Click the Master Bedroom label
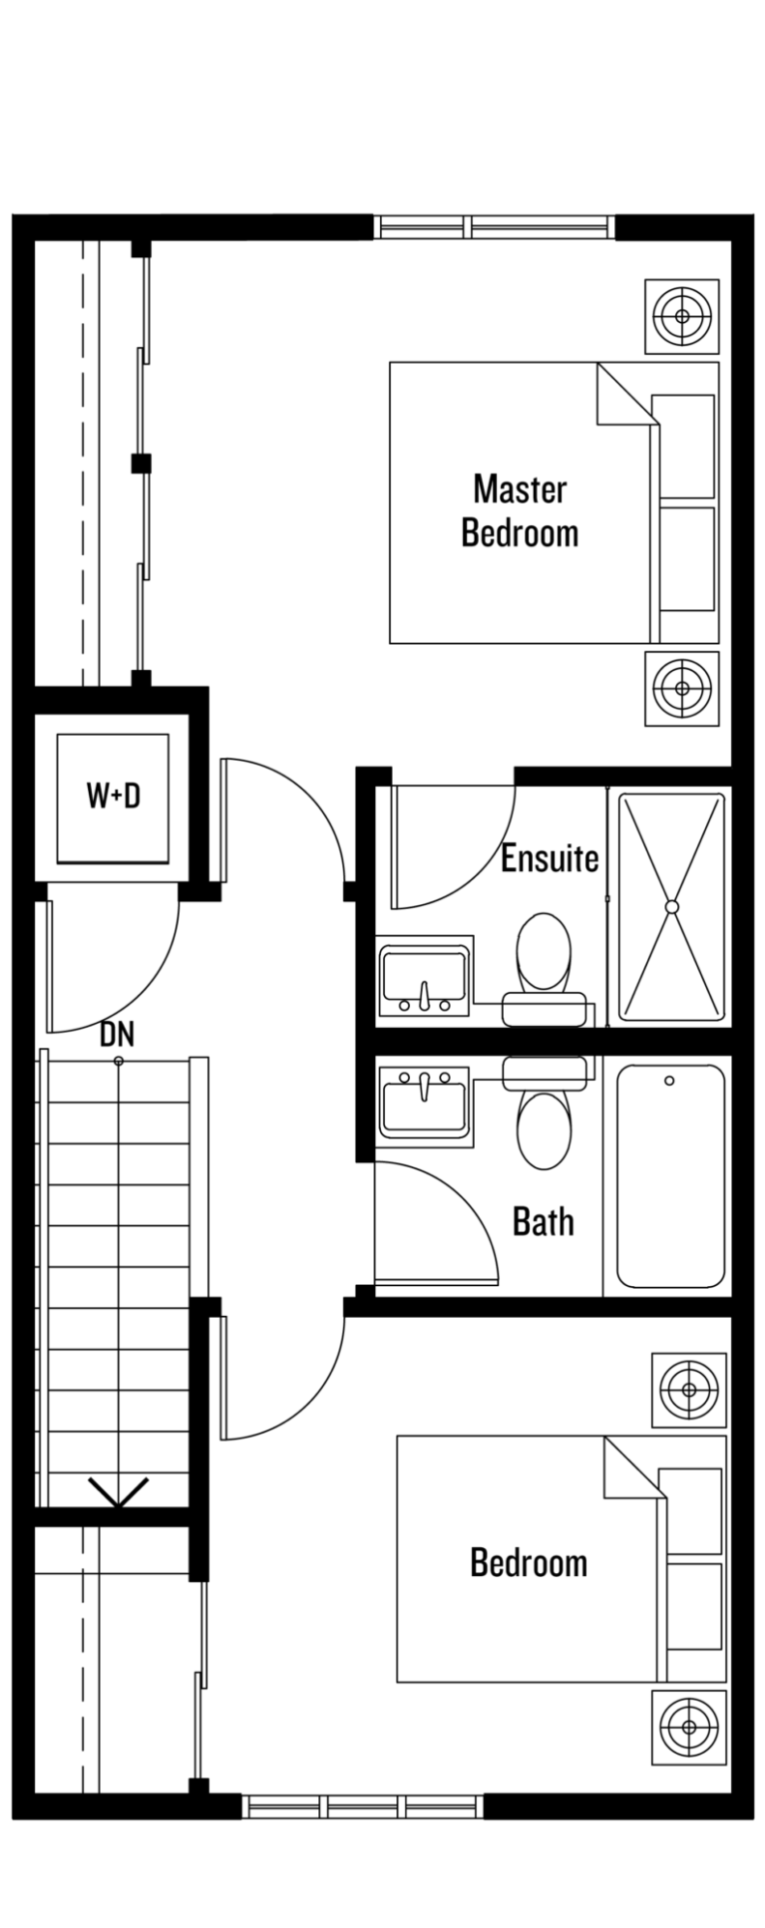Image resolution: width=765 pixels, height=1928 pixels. [x=520, y=510]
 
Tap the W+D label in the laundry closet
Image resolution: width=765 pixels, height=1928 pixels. [x=113, y=797]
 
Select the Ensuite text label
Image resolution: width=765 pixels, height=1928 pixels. [x=550, y=857]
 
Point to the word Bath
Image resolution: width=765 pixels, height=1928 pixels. [x=544, y=1220]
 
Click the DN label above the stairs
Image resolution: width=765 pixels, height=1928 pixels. [x=117, y=1035]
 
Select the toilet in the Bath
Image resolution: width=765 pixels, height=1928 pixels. [x=544, y=1113]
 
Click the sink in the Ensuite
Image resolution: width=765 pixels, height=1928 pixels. [x=425, y=980]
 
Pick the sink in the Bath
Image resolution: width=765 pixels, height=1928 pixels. [x=425, y=1102]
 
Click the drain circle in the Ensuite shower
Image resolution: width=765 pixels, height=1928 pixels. [x=672, y=906]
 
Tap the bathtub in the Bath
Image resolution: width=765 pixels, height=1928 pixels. [x=670, y=1176]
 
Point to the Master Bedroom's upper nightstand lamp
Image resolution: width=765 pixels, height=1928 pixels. [x=683, y=317]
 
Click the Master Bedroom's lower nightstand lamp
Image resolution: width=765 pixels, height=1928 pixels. [x=683, y=688]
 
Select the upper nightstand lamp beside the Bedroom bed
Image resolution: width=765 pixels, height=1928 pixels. [x=689, y=1389]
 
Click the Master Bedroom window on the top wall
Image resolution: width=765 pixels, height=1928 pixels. [x=494, y=227]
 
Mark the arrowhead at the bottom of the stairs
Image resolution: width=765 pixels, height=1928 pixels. [x=118, y=1491]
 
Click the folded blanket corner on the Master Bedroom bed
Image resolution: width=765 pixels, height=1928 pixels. [x=626, y=395]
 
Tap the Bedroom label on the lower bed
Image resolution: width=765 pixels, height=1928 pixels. [x=529, y=1562]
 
